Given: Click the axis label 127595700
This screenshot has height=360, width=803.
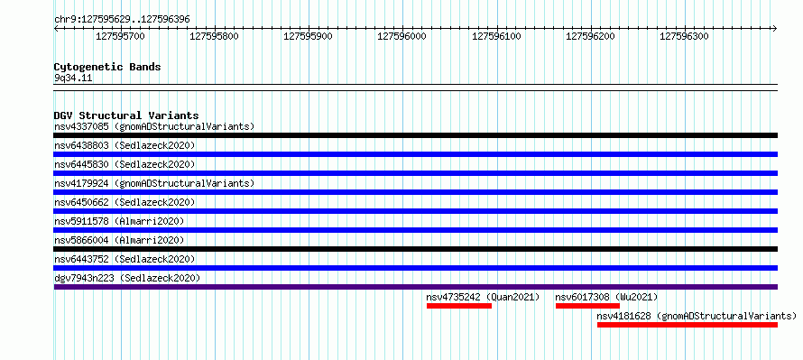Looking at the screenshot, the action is coord(120,36).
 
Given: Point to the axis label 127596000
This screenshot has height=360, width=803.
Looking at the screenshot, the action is coord(402,36).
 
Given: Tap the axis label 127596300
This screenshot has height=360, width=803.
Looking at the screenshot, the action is coord(684,36).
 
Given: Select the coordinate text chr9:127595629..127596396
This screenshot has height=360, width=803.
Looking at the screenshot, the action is coord(122,20).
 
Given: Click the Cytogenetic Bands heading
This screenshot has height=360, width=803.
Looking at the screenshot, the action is coord(107,67).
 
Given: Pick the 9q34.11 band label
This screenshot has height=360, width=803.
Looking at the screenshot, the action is coord(73,78).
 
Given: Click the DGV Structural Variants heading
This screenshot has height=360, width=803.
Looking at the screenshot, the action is coord(126,115).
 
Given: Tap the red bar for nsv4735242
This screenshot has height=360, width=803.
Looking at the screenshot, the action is coord(459,306).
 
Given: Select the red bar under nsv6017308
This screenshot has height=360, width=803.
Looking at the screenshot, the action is coord(587,306).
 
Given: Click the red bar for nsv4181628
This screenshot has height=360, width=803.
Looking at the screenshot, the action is coord(688,325).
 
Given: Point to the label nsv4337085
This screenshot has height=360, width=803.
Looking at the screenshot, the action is coord(81,126).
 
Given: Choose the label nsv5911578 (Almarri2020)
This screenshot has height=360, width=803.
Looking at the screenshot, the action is coord(119,221).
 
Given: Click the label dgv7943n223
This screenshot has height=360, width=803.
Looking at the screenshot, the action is coord(84,278).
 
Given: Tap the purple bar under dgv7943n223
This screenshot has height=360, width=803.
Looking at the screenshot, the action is coord(416,287).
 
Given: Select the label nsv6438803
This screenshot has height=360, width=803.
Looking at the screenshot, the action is coord(81,145).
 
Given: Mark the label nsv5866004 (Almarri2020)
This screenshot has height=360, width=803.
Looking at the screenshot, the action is coord(119,240).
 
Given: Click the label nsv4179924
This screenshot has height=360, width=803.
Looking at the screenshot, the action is coord(81,183).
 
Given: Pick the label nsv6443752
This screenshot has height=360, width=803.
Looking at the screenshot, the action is coord(81,259).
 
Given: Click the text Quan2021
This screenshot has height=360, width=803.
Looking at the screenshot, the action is coord(513,297).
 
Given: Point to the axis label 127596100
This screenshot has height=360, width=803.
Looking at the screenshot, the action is coord(496,36).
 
